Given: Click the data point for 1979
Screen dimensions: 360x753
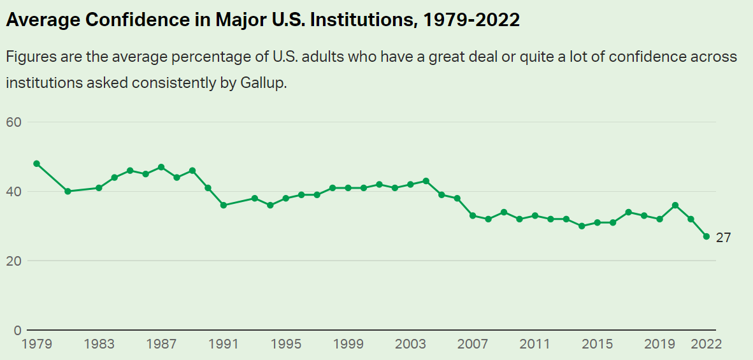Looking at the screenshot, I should (x=36, y=164).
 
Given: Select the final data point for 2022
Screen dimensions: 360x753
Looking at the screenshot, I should (x=706, y=236).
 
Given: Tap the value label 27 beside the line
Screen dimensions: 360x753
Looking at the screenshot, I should (x=724, y=238).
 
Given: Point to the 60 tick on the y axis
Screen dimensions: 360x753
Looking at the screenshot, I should (x=14, y=122).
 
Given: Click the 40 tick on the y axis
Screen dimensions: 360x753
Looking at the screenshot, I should (x=14, y=191).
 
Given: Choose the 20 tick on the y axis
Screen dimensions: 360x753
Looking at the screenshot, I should (x=14, y=261).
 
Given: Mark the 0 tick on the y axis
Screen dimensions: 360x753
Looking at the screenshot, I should (x=17, y=330).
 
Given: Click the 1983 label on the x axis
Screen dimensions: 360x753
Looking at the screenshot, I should (x=99, y=344).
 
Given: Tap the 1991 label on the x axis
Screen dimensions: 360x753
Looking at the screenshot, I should (x=224, y=344).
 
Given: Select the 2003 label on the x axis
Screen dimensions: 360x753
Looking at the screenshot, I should (x=411, y=344).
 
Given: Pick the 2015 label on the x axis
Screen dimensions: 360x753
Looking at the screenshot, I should (x=598, y=344).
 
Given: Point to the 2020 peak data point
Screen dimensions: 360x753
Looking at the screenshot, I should (x=675, y=205).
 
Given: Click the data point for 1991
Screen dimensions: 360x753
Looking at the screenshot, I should (x=224, y=205).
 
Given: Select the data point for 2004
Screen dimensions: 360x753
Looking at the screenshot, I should (x=426, y=181).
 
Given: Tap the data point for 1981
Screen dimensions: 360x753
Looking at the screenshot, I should (x=68, y=191).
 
